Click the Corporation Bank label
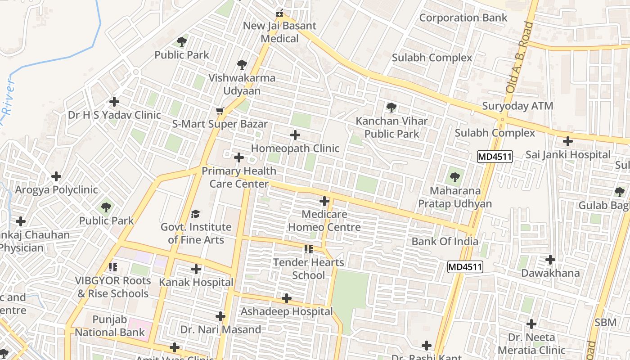tap(463, 18)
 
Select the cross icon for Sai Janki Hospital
tap(568, 141)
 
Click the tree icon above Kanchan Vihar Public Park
tap(391, 108)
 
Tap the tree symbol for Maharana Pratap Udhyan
tap(455, 177)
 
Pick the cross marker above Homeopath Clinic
tap(295, 135)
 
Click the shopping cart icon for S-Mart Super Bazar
tap(220, 111)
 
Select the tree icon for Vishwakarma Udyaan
tap(242, 65)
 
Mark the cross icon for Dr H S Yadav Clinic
tap(114, 102)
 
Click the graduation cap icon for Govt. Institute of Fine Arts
tap(196, 213)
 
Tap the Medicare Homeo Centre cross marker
tap(324, 201)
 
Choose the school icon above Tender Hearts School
tap(308, 249)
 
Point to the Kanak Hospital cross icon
tap(196, 269)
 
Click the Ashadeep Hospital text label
tap(287, 311)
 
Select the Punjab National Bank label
tap(110, 326)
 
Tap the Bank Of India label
tap(445, 241)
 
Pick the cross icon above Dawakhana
tap(550, 260)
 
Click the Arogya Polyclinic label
tap(56, 190)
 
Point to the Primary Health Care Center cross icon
tap(239, 157)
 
